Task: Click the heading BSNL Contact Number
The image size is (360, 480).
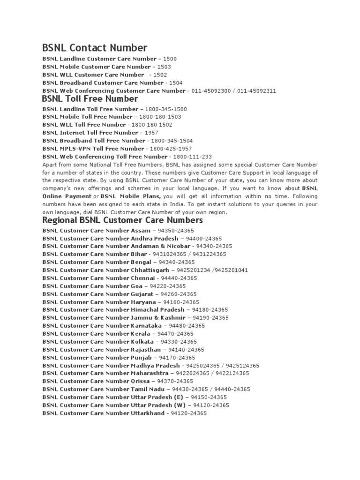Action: (x=95, y=48)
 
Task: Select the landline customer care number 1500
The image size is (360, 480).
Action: (x=170, y=59)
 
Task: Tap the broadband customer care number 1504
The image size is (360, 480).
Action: (x=176, y=82)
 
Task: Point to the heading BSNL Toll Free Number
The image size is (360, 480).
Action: (x=90, y=99)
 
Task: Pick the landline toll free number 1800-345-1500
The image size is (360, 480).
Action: (x=166, y=109)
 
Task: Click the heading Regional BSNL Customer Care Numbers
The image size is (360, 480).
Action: (x=122, y=220)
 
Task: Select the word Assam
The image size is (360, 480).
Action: (x=141, y=231)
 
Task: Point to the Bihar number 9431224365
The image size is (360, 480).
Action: (x=209, y=254)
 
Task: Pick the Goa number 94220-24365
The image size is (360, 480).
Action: (x=167, y=286)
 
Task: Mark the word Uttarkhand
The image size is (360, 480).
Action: (x=148, y=413)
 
